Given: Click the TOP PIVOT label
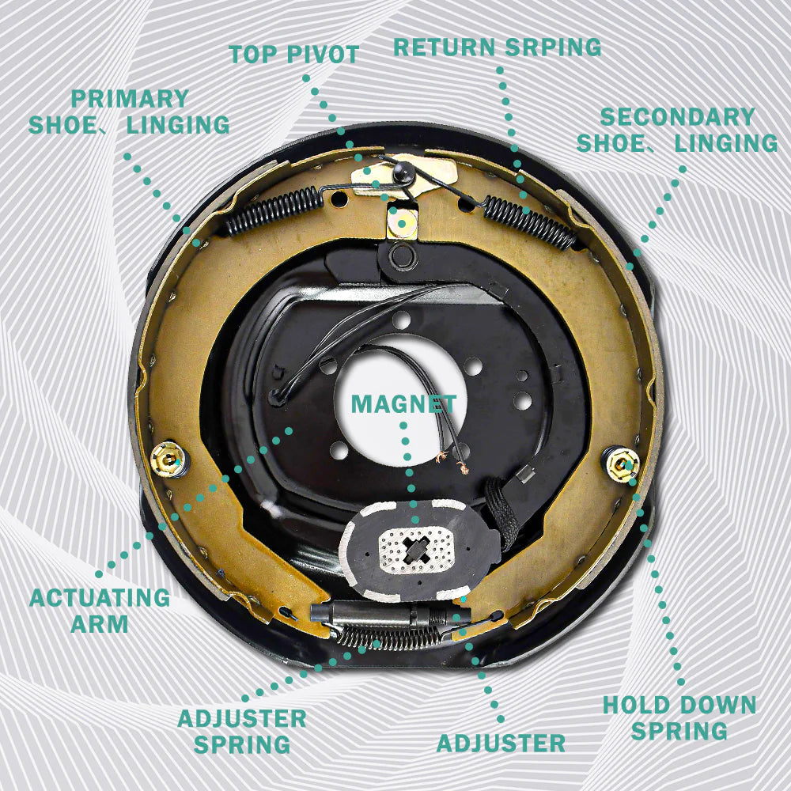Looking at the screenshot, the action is tap(293, 54).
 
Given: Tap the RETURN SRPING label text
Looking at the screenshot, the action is tap(498, 47).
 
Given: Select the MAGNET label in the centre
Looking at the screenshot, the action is tap(403, 403).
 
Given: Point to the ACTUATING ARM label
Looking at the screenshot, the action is tap(100, 611).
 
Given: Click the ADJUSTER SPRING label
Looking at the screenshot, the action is tap(242, 732).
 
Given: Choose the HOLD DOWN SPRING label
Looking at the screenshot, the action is tap(679, 718).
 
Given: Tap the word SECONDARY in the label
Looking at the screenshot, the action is tap(678, 117).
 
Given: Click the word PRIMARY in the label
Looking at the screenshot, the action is tap(130, 99).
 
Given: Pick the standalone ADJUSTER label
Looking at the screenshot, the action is tap(501, 743).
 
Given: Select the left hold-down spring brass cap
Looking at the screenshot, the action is tap(168, 459).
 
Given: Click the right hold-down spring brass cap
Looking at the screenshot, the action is tap(623, 464).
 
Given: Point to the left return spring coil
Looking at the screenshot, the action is tap(275, 210).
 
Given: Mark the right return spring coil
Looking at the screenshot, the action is tap(530, 222).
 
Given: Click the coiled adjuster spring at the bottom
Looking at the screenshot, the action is tap(388, 638).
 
